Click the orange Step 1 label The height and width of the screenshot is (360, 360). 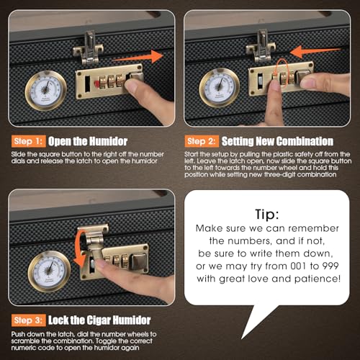click(x=28, y=141)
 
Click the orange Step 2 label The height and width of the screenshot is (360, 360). click(x=202, y=141)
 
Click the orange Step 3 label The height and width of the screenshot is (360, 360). click(x=28, y=320)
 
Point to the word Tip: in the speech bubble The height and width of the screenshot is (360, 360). click(x=267, y=214)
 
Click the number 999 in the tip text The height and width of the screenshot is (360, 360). click(x=330, y=266)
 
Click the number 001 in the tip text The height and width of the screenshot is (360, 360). click(x=298, y=266)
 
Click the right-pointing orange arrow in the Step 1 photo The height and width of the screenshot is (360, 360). click(x=138, y=57)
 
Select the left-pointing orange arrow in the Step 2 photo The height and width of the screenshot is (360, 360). click(x=315, y=52)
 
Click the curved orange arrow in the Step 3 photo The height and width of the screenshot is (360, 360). click(x=80, y=250)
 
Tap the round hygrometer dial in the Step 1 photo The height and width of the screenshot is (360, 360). click(x=46, y=91)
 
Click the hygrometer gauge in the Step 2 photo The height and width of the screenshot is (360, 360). click(x=220, y=88)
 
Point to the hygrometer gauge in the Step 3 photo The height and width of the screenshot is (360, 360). click(x=49, y=271)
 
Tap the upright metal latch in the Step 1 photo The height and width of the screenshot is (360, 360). click(x=89, y=48)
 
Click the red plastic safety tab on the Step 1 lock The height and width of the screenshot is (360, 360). click(x=96, y=84)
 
